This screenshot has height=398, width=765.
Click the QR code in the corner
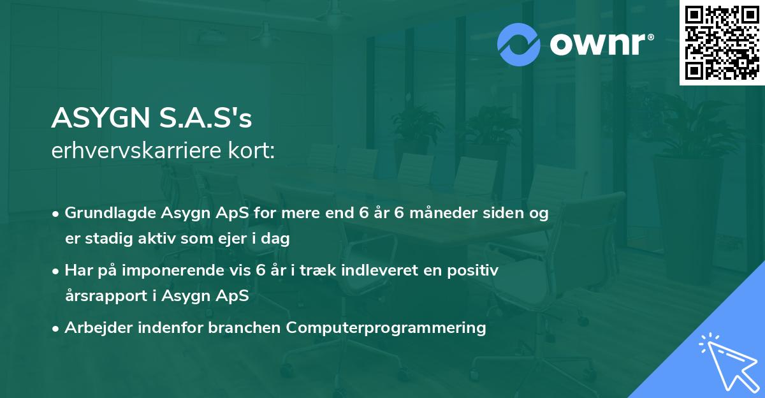point(722,43)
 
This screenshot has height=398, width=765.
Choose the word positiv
point(473,270)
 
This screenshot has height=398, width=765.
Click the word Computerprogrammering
point(386,328)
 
